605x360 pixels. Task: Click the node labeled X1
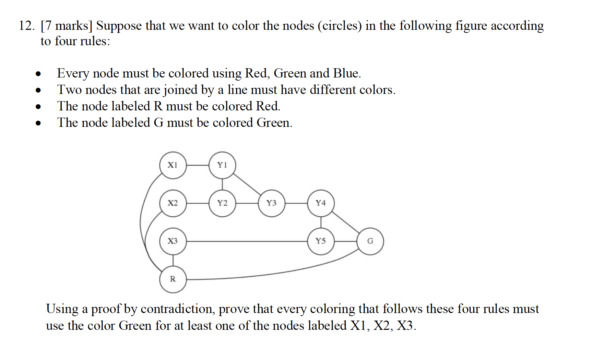(173, 165)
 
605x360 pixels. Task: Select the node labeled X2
(173, 203)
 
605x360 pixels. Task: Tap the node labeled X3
(173, 241)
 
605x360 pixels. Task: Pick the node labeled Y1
(222, 165)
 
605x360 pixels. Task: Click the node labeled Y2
(222, 203)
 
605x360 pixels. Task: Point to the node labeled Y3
(271, 203)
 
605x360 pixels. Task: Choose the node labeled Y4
(321, 203)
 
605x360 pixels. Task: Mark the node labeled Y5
(321, 241)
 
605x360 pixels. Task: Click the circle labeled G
(370, 241)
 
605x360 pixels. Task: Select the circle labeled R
(173, 279)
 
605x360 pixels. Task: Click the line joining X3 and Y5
(247, 241)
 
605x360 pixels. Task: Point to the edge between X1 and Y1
(198, 165)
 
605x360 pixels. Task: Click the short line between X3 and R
(173, 260)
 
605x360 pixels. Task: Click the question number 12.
(26, 26)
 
